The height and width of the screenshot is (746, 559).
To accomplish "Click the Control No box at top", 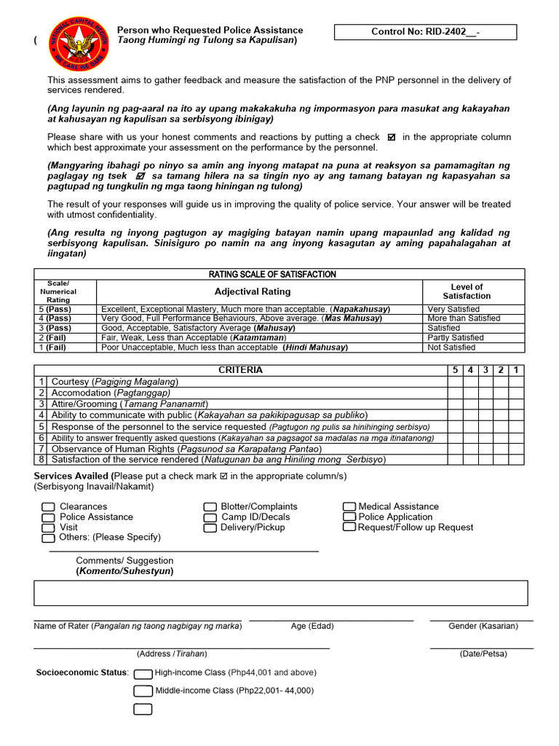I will click(425, 32).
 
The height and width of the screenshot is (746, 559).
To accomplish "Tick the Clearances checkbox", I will click(48, 507).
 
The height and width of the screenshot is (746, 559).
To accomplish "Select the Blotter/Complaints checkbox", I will click(210, 507).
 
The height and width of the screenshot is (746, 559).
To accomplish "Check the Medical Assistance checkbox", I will click(349, 506).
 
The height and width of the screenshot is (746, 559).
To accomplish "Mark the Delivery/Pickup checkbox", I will click(210, 527).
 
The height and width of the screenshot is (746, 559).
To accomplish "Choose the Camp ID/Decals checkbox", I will click(210, 517).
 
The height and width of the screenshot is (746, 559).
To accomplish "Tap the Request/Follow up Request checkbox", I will click(349, 527).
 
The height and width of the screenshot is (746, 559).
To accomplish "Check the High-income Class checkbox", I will click(143, 673).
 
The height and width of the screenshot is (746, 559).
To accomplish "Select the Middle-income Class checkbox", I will click(143, 691).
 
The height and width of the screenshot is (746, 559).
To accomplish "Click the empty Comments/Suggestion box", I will click(280, 593).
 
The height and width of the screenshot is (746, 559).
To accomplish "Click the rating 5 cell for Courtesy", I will click(455, 382).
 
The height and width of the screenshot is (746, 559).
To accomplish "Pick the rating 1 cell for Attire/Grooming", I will click(516, 404).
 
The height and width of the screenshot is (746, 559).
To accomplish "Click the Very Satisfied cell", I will click(453, 310).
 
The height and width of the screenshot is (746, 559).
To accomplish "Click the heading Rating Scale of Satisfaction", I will click(272, 275).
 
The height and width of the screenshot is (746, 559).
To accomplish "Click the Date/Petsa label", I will click(483, 653).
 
